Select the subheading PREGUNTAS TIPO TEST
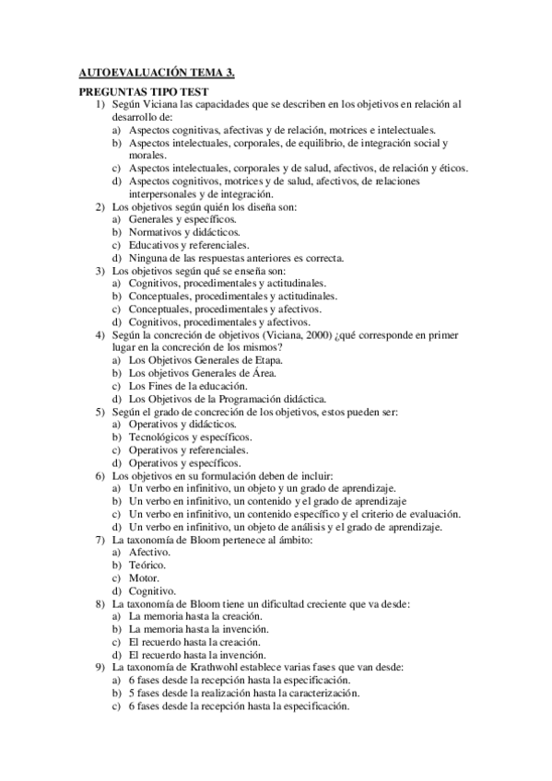point(143,92)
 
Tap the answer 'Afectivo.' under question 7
point(149,553)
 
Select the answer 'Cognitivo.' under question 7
point(152,590)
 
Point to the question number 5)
point(101,412)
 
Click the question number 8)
point(101,603)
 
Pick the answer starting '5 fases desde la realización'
point(244,693)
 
